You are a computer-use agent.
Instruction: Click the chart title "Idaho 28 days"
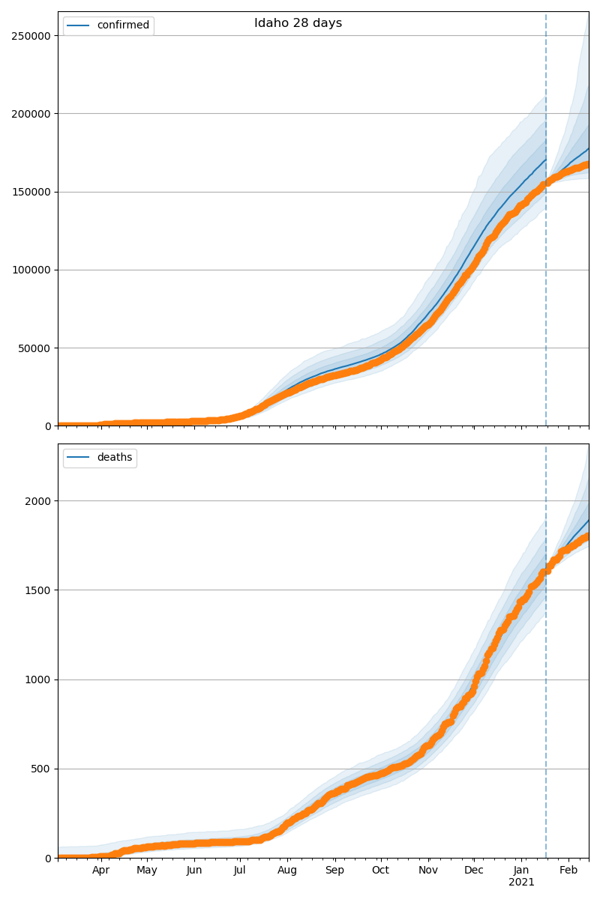298,23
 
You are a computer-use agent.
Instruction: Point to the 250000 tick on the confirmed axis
31,36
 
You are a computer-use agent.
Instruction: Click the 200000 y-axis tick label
31,114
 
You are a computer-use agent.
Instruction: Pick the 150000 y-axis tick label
31,192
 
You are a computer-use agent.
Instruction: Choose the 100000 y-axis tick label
31,270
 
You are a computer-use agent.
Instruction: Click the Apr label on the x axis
101,871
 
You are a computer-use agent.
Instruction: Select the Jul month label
240,871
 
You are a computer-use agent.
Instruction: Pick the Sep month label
334,871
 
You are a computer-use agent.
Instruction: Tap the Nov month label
428,871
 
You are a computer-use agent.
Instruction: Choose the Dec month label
474,871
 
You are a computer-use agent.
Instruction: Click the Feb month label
568,871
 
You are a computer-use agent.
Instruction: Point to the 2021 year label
521,883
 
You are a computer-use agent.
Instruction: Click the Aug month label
287,871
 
